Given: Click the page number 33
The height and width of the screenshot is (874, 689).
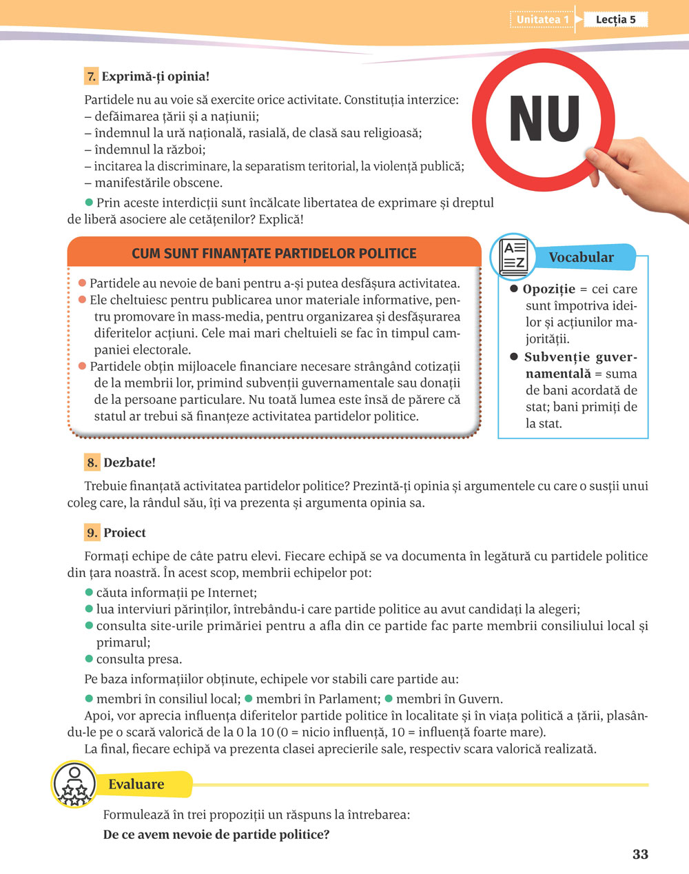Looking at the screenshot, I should pos(640,854).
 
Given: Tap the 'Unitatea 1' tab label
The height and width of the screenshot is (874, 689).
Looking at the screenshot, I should pos(543,19).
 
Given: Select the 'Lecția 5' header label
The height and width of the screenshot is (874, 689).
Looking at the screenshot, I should pos(615,19).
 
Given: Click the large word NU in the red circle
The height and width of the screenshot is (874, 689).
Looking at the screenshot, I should pos(544,119).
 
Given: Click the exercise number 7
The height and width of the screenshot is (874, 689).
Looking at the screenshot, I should pos(91,77).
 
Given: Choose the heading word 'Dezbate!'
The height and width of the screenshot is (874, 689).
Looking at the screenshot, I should pos(130,463).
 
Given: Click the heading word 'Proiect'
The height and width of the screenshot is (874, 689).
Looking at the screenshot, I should pos(125,533).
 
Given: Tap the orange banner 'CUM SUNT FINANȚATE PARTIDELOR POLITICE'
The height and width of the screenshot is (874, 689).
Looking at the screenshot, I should pos(274,254).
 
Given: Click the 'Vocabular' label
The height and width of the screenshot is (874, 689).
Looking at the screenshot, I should pos(581,257).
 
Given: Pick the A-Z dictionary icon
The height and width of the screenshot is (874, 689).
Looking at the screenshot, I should pos(513,256).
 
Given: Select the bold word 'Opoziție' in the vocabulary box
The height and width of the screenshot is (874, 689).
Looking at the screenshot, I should pos(548,289).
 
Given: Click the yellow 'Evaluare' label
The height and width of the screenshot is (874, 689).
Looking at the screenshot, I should pos(136,784).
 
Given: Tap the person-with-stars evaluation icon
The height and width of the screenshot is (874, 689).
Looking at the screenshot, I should pos(73,784).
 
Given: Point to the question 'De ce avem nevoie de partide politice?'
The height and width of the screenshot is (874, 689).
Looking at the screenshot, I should pos(216,835).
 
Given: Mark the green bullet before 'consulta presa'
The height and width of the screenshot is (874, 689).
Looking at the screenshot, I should pos(89,659).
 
